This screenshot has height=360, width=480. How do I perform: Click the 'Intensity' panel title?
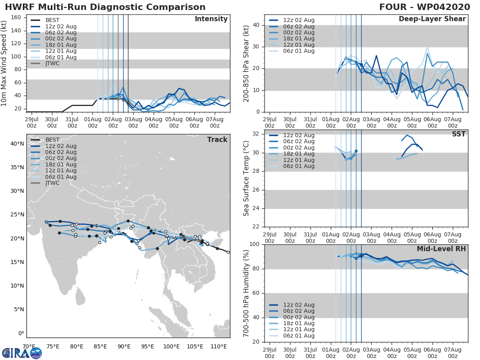[x=211, y=19]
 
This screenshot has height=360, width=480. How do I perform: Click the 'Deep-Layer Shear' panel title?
[x=432, y=19]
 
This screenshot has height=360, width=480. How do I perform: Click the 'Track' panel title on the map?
[x=217, y=140]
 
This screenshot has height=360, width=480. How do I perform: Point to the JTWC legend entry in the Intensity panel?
[x=52, y=63]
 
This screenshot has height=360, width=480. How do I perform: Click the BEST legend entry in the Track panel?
[x=52, y=140]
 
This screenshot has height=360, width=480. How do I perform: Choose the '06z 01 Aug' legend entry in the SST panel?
[x=297, y=166]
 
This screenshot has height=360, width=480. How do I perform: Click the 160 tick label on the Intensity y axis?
[x=16, y=18]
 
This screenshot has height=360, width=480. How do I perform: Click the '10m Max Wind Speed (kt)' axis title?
[x=5, y=64]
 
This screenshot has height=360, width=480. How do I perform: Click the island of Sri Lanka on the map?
[x=81, y=298]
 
